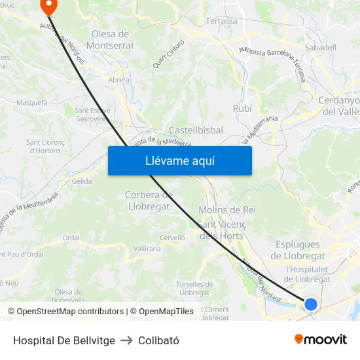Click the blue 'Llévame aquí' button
pos(180,160)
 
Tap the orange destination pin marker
pos(49,5)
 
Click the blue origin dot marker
pos(311,304)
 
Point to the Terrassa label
pos(221,21)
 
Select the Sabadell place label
pos(321,47)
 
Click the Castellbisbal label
pos(196,130)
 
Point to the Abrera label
pos(118,80)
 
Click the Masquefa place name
pos(31,103)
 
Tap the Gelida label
pos(82,181)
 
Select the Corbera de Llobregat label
pos(148,201)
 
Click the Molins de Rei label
pos(226,210)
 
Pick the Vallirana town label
pos(147,249)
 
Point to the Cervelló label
pos(173,238)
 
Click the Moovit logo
pos(321,339)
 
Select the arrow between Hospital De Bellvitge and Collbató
pos(126,340)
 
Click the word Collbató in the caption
pos(158,340)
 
